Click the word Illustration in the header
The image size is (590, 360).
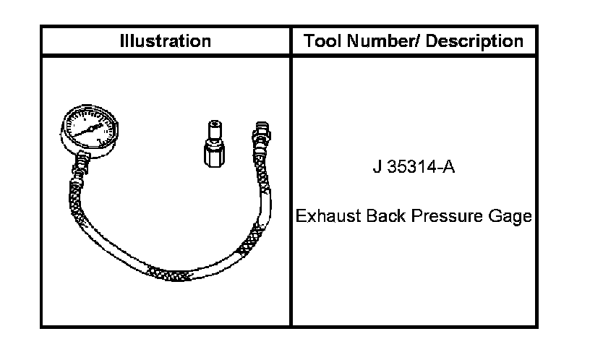coord(166,41)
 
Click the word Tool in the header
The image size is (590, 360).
coord(323,40)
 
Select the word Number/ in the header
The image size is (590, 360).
coord(383,40)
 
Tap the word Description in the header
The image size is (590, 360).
coord(474,41)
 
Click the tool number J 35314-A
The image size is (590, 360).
coord(414,166)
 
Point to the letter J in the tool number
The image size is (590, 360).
coord(377,166)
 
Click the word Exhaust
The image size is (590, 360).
coord(328,216)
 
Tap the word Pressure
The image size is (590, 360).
coord(447,216)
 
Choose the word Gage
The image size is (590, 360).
coord(510,217)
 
